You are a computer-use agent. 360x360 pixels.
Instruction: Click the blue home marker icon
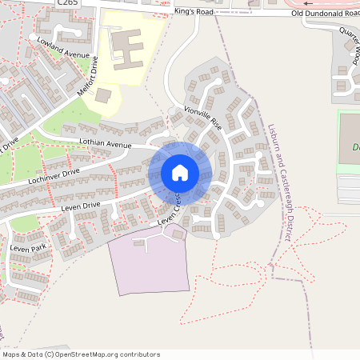coord(179,172)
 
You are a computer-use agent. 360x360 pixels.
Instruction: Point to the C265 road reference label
coord(67,3)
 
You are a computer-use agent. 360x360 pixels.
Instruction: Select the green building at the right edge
coord(350,144)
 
